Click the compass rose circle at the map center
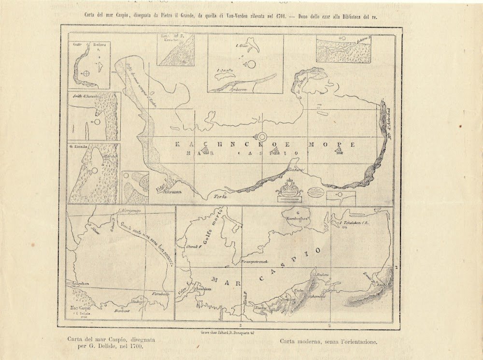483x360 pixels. pyautogui.click(x=262, y=137)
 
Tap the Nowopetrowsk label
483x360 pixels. pyautogui.click(x=252, y=262)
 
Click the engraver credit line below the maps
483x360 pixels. pyautogui.click(x=227, y=332)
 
